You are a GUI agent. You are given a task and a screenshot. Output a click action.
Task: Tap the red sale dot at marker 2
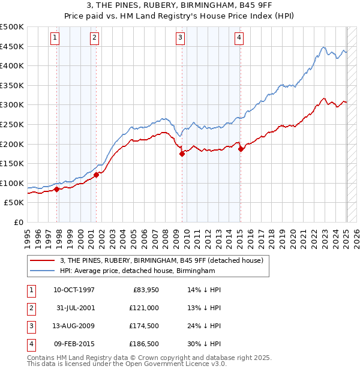click(96, 175)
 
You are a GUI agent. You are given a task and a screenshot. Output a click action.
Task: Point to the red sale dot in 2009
click(182, 154)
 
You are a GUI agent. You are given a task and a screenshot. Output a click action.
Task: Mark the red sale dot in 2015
click(240, 149)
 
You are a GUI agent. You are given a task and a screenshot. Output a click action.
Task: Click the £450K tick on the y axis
click(12, 46)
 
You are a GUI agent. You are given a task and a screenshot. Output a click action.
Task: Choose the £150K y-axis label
click(12, 163)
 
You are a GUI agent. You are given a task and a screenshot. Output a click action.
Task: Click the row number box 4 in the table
click(30, 344)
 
